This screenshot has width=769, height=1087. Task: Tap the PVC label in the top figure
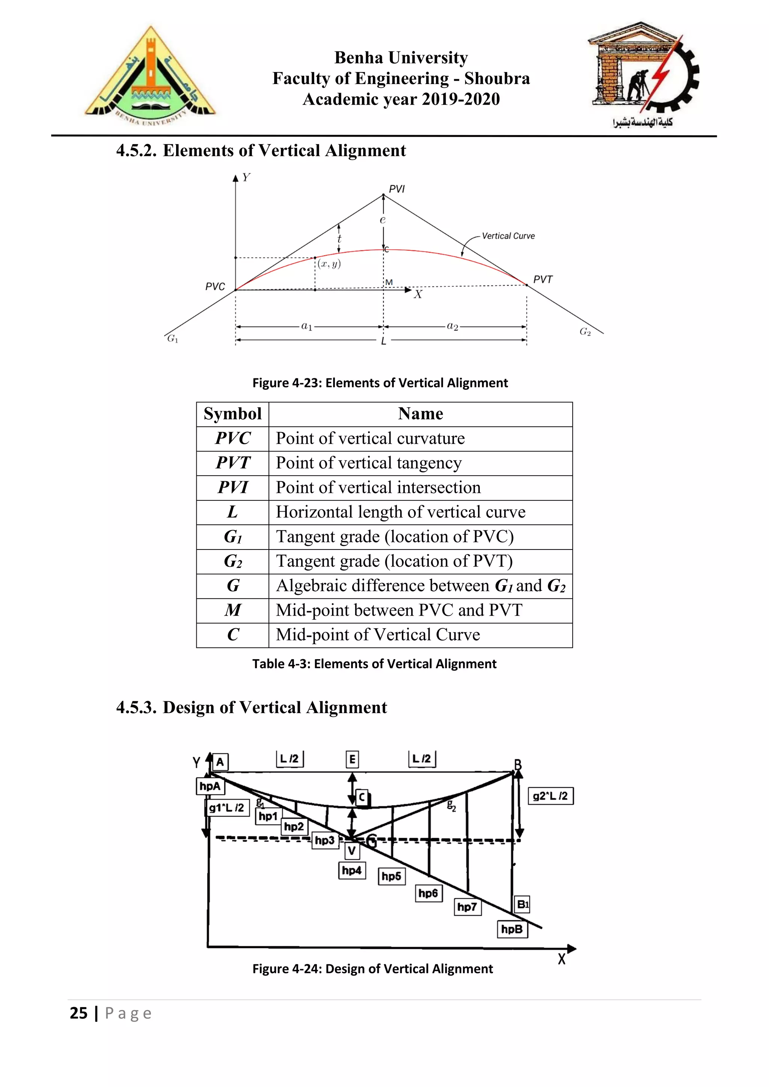pos(215,286)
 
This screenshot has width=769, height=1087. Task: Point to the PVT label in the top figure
pos(543,279)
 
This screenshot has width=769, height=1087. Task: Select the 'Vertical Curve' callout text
pos(508,236)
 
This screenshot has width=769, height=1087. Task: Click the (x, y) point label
pos(329,264)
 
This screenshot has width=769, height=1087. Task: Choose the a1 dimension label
pos(307,326)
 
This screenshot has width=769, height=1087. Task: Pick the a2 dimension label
pos(453,326)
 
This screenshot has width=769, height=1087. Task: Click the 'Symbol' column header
pos(232,414)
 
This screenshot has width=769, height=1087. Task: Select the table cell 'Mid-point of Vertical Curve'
pos(378,635)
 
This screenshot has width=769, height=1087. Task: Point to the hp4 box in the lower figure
pos(352,870)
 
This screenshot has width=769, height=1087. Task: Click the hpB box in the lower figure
pos(512,929)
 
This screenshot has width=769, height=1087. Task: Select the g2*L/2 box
pos(550,796)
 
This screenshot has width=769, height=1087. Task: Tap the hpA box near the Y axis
pos(210,786)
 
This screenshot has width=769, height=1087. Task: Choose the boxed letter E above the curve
pos(352,759)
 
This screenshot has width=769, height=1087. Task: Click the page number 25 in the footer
pos(78,1013)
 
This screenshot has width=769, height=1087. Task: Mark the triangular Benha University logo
pos(151,76)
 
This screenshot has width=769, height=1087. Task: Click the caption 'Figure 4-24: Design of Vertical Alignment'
pos(372,969)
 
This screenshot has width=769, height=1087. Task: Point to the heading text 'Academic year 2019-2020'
pos(401,99)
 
